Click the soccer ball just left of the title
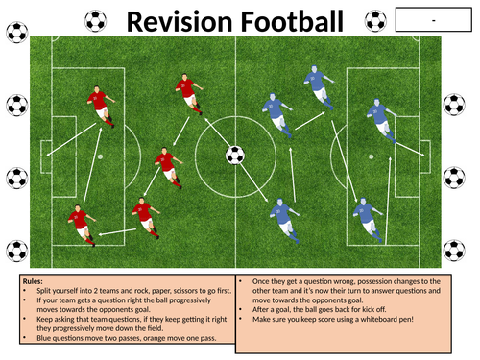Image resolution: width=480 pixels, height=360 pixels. (x=96, y=19)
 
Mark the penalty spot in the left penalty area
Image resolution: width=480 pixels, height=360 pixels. (x=100, y=156)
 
